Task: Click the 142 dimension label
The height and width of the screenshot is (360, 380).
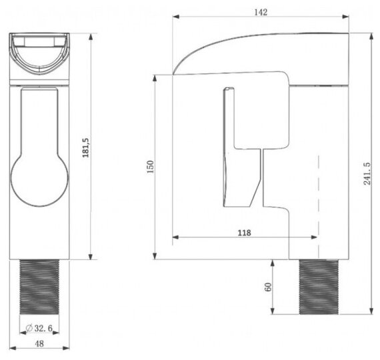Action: coord(261,12)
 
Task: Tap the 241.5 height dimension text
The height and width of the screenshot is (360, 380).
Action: coord(367,174)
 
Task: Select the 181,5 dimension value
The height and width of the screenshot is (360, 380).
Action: coord(86,148)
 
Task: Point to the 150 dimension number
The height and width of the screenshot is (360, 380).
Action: coord(151,167)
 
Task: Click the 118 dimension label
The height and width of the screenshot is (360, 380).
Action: coord(244,233)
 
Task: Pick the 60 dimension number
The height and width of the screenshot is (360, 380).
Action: coord(268,287)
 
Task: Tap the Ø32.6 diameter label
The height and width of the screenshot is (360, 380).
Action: coord(39,328)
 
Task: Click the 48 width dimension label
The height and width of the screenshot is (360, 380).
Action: coord(39,343)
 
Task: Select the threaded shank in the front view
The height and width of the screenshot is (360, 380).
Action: coord(39,287)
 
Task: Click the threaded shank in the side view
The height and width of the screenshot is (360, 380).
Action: coord(319,287)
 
